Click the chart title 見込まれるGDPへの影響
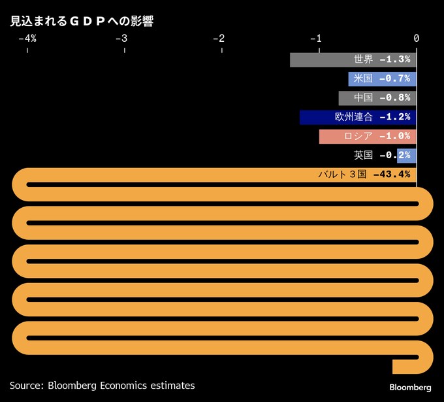pos(81,21)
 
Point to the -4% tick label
pos(27,39)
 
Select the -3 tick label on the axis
pos(121,39)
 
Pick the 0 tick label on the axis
pos(416,39)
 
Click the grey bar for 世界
pos(320,59)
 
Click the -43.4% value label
pos(392,175)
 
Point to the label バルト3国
pos(342,175)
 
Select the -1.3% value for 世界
pos(395,59)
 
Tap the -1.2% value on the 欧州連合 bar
pos(395,118)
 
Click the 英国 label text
pos(363,156)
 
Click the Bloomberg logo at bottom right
pos(410,387)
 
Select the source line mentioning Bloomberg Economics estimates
pos(102,386)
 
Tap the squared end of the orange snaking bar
pos(400,366)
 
